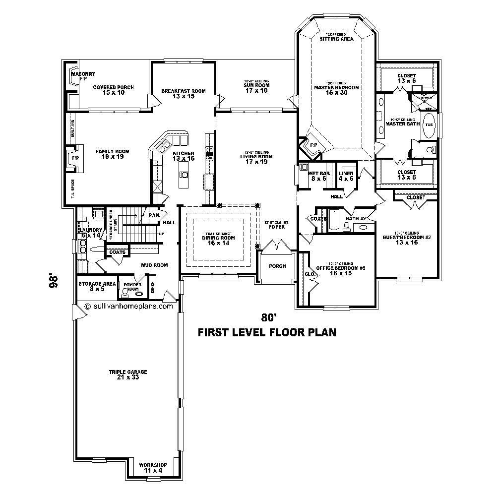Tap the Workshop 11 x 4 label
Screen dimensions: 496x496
(x=153, y=468)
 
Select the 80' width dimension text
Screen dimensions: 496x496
(x=268, y=317)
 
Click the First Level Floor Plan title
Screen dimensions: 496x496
(x=267, y=332)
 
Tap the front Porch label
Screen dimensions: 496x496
(x=277, y=266)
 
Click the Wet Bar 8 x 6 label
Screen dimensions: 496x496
(x=317, y=176)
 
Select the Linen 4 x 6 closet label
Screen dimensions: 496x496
(x=346, y=176)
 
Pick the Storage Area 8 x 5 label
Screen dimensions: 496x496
(x=97, y=287)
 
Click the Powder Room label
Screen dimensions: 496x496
(x=132, y=287)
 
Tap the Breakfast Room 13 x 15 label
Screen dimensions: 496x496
(x=183, y=94)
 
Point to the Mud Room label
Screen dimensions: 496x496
(x=154, y=265)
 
